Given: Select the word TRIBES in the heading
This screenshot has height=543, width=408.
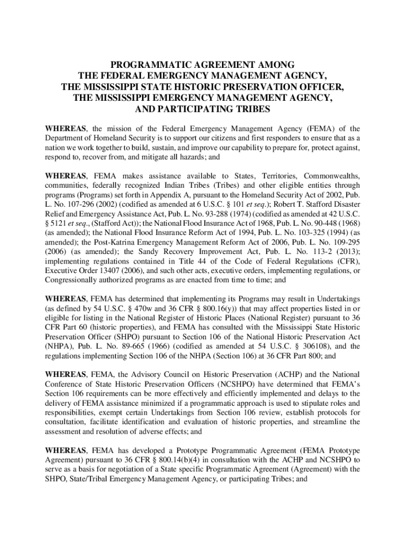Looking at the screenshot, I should [249, 109].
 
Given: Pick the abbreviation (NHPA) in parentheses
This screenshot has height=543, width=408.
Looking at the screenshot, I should [63, 347].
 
